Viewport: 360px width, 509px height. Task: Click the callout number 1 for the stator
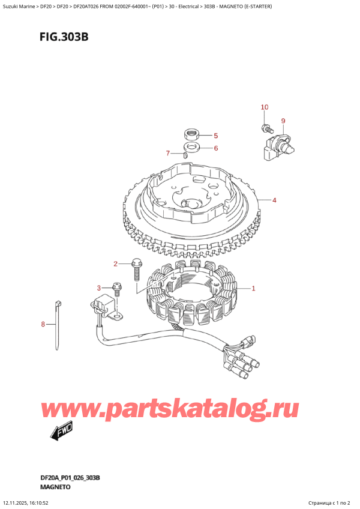254,289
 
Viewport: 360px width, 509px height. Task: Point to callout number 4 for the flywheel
274,200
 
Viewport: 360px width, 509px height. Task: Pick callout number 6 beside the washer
216,148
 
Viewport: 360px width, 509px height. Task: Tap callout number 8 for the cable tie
43,325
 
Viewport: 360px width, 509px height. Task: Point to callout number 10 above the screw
264,107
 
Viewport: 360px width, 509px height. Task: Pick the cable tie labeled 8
59,324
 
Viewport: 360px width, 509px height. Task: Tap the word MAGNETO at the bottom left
58,487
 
